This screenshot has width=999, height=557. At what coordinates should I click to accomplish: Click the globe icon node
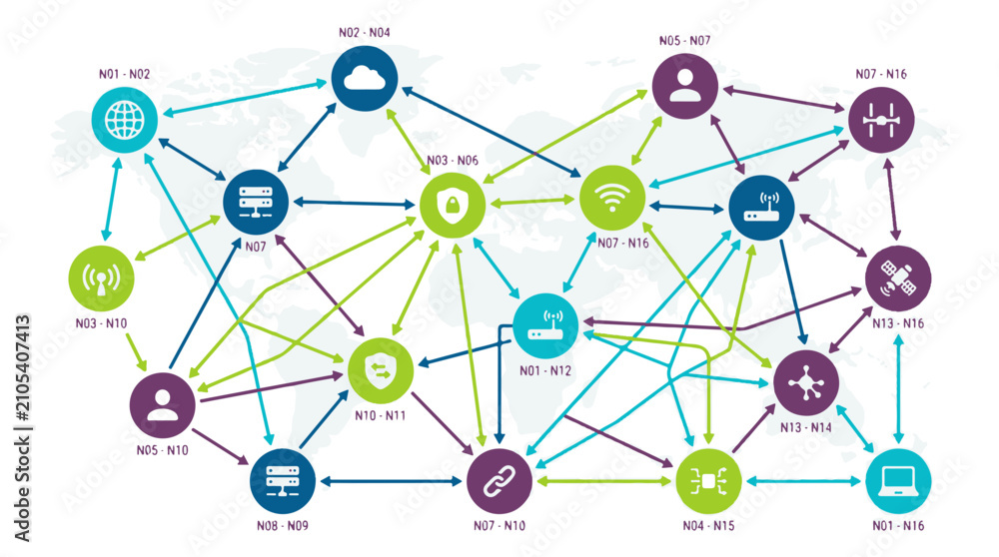(x=124, y=120)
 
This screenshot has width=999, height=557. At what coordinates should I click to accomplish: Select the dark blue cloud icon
(x=365, y=79)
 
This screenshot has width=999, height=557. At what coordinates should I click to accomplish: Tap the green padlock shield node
(x=453, y=205)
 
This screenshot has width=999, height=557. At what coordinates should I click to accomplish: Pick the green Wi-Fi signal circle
(x=611, y=198)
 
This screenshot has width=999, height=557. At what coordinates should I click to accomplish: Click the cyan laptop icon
(x=898, y=481)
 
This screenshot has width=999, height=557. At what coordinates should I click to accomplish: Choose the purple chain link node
(x=499, y=481)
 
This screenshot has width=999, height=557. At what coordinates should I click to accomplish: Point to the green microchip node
(x=708, y=481)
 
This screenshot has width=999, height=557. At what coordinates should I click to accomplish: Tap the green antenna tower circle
(x=101, y=278)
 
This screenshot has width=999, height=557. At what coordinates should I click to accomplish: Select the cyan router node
(x=545, y=326)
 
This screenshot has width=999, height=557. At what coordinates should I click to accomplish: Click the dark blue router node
(x=761, y=208)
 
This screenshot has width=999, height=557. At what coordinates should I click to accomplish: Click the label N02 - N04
(x=365, y=33)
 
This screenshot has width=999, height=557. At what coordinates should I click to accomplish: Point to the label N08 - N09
(x=283, y=526)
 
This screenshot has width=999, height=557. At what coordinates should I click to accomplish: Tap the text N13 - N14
(x=806, y=428)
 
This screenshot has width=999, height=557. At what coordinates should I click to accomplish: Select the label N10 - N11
(x=381, y=415)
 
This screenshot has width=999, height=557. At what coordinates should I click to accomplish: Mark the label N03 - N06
(x=453, y=161)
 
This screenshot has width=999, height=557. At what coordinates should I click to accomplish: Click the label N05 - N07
(x=685, y=41)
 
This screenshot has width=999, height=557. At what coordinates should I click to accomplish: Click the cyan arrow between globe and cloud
(x=246, y=98)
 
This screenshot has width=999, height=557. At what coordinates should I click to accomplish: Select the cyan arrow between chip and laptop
(x=803, y=481)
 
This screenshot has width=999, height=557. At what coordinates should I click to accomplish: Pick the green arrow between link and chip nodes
(x=603, y=481)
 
